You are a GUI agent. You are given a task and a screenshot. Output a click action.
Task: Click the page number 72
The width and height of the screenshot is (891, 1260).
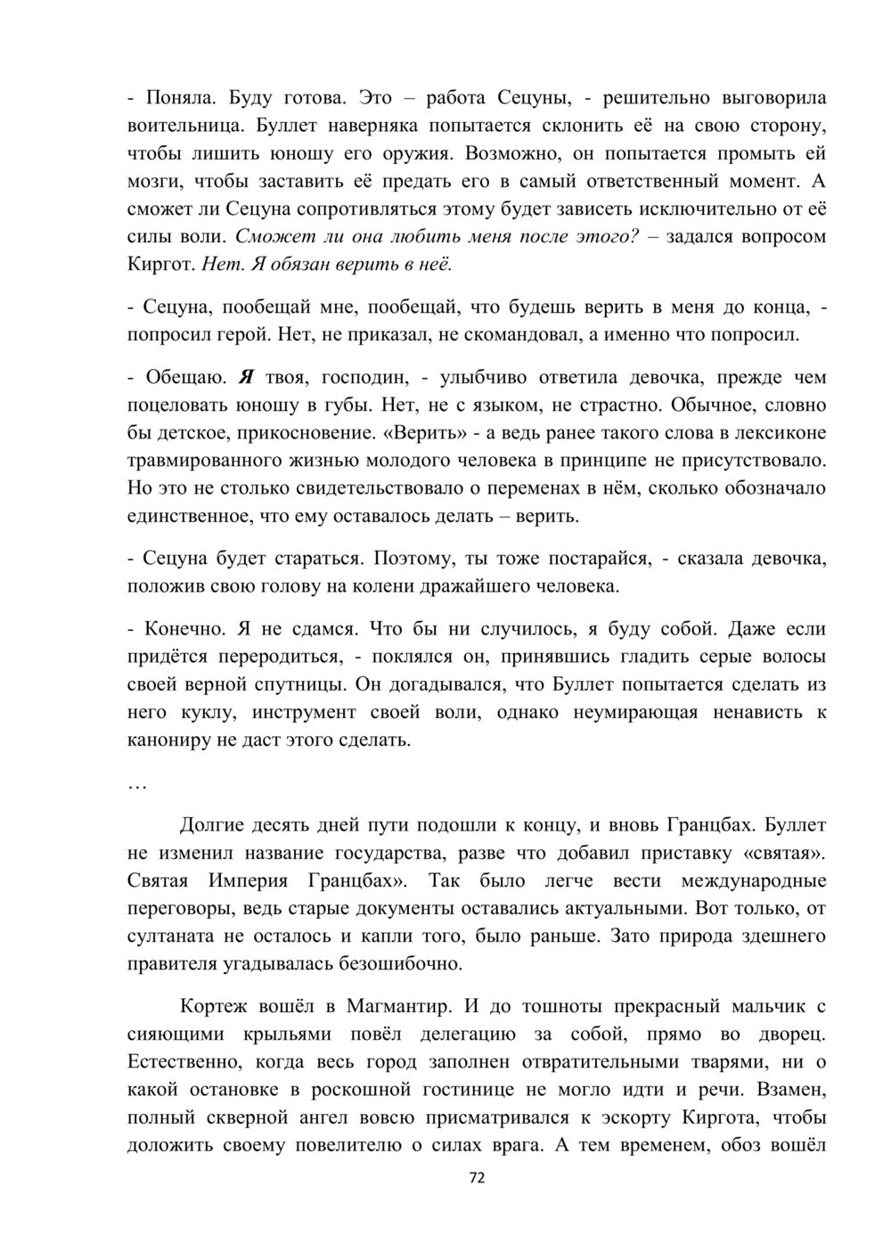(x=477, y=1178)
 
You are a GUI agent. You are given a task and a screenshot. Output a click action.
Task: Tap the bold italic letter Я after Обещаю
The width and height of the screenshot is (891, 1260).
(x=247, y=377)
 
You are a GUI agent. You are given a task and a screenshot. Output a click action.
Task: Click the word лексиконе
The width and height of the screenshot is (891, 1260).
(x=780, y=433)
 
